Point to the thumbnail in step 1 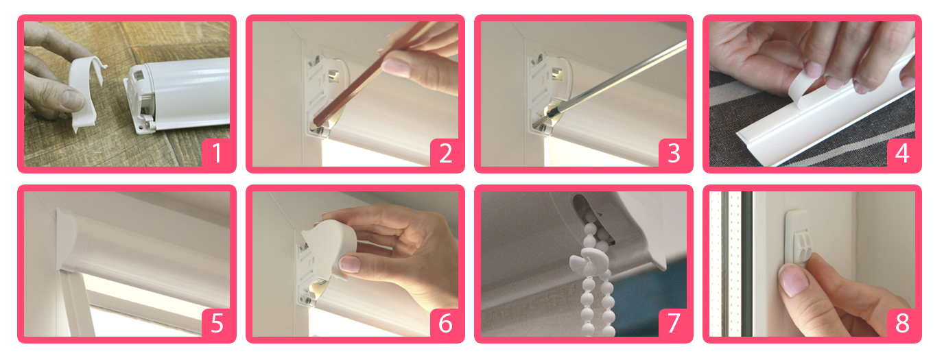(x=71, y=100)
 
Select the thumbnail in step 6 (x=350, y=264)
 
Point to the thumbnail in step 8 (x=793, y=279)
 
